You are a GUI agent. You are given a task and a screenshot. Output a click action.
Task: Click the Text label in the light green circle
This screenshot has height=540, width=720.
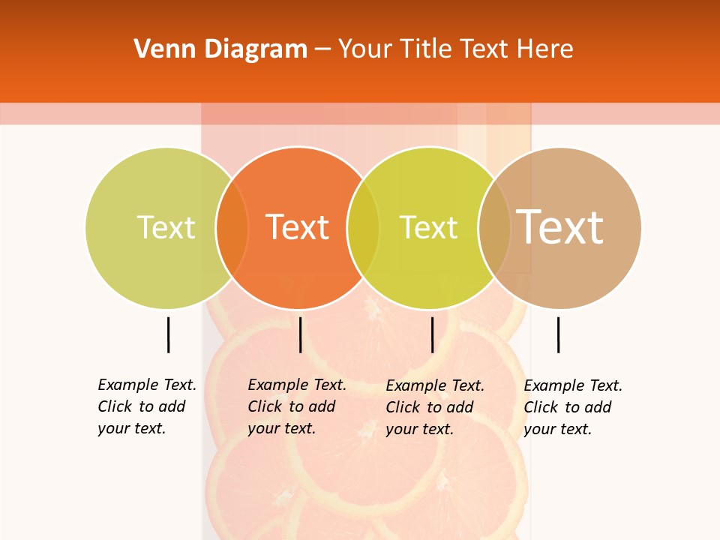[x=166, y=227]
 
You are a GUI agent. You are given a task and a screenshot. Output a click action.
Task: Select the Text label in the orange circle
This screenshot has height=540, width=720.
[x=298, y=227]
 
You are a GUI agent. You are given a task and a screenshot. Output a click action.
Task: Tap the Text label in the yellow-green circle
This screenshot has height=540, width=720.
[x=428, y=227]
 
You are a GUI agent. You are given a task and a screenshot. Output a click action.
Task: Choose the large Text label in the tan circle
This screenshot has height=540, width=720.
[x=559, y=226]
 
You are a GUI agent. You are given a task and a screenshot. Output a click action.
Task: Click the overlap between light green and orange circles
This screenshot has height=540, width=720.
[x=232, y=227]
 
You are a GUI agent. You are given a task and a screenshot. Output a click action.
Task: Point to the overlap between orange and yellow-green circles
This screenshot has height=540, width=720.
[x=363, y=227]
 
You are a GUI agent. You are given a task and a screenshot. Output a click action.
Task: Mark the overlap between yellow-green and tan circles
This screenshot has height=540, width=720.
[x=494, y=227]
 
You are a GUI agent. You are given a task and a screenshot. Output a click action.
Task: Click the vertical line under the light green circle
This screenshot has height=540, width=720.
[x=168, y=334]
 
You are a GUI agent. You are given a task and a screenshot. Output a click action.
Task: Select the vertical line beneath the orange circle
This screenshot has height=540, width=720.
[x=300, y=334]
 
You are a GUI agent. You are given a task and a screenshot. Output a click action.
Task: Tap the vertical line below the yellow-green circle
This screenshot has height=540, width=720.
[x=432, y=334]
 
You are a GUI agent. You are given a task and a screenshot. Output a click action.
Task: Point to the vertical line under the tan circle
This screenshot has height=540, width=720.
[x=558, y=334]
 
